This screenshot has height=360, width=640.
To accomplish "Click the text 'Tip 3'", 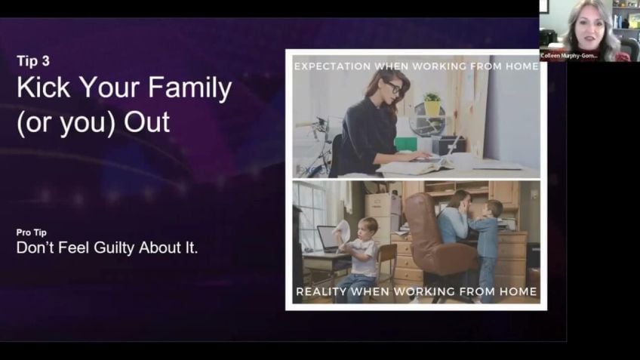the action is (33, 61).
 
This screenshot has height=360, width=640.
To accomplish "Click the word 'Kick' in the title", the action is (43, 88).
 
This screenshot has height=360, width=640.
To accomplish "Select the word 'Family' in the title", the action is (189, 89).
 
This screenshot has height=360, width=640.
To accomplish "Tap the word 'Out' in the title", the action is (146, 122).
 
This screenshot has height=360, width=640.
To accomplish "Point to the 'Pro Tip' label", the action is (32, 232).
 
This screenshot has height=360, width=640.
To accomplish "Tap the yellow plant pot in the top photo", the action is (432, 107).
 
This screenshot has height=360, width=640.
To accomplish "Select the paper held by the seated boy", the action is (342, 232).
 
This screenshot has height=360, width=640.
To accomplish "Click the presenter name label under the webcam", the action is (569, 56).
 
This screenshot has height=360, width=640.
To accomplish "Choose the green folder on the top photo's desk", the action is (405, 144).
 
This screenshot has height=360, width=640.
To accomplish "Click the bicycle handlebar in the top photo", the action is (315, 122).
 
